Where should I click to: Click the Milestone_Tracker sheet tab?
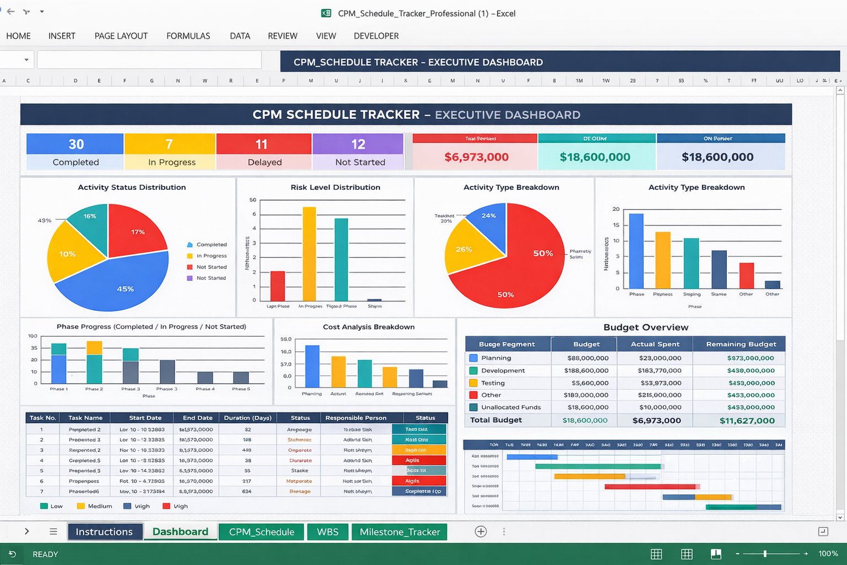pos(399,532)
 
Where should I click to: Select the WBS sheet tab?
pos(328,532)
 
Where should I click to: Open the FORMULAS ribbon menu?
pos(188,36)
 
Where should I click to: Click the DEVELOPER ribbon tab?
pos(376,36)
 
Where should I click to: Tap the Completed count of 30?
pos(76,144)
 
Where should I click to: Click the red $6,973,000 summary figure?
pos(476,157)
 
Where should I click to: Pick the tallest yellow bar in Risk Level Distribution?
pos(309,254)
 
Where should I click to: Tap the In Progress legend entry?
pos(211,256)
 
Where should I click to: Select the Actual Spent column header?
pos(655,344)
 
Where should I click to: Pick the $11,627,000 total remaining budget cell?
pos(746,420)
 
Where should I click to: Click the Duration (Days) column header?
pos(247,418)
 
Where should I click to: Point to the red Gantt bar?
pos(649,486)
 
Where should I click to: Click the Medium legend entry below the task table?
pos(99,506)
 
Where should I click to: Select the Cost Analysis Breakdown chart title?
pos(368,327)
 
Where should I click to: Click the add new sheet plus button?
pos(481,531)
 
